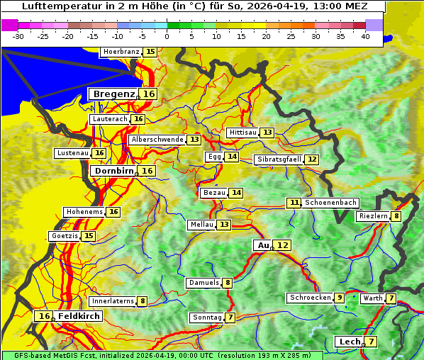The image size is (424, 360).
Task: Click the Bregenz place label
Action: (x=113, y=94)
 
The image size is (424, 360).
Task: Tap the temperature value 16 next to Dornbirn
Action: (x=147, y=171)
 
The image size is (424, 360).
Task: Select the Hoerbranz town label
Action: (x=121, y=52)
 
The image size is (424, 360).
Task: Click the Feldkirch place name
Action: (x=79, y=316)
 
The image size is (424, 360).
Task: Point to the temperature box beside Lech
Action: (x=371, y=342)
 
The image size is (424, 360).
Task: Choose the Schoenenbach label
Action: (x=330, y=203)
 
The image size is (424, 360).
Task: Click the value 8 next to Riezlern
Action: (x=396, y=216)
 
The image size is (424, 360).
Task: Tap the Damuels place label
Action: (x=203, y=283)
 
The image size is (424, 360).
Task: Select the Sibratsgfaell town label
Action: (x=279, y=159)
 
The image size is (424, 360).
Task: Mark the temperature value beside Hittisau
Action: (x=267, y=133)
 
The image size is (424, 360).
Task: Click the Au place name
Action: (x=262, y=245)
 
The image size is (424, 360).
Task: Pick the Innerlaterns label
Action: (x=113, y=301)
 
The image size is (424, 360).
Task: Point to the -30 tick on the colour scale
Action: (x=18, y=35)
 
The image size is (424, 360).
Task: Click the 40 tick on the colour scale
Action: (x=365, y=35)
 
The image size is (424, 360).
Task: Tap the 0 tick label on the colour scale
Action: (x=167, y=35)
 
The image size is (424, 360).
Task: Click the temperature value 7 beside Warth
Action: (x=391, y=298)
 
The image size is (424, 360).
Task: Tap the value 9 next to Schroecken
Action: (x=340, y=298)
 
